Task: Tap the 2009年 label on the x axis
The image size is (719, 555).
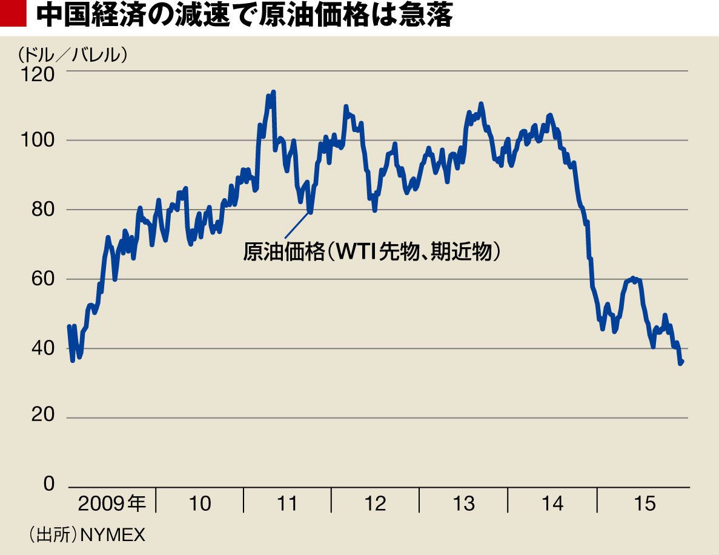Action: pos(112,503)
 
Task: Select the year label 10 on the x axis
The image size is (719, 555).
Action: pos(200,503)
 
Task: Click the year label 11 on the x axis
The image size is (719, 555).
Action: pos(287,503)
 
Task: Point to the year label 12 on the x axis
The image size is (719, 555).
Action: pos(376,503)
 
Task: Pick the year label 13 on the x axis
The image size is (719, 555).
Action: pos(463,503)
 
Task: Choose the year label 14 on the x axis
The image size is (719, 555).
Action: pos(552,503)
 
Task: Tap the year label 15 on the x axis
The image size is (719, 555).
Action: pos(643,503)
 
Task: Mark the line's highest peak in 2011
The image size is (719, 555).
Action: pos(273,92)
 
